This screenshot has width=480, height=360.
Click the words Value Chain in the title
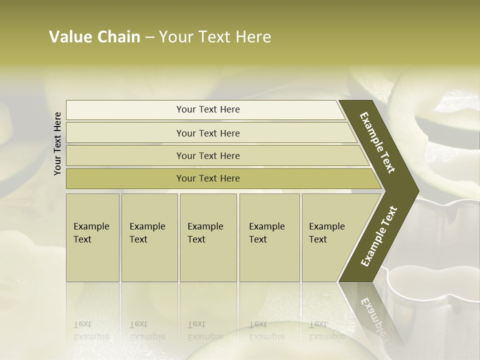[x=94, y=37]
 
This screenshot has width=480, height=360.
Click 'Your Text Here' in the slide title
[x=215, y=37]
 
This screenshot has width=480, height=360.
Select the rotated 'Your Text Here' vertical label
[x=57, y=143]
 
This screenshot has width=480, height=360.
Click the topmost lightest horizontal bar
[x=208, y=109]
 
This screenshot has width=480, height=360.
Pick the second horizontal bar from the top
[x=208, y=133]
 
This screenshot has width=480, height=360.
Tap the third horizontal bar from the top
[x=208, y=155]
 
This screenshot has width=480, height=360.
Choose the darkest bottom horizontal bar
[x=208, y=178]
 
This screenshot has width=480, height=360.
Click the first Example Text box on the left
[x=92, y=237]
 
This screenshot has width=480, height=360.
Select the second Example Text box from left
[x=149, y=237]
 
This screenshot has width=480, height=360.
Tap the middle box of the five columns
[x=208, y=237]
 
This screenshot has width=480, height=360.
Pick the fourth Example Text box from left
[x=269, y=237]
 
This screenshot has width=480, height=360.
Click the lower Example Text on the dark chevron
[x=378, y=236]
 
